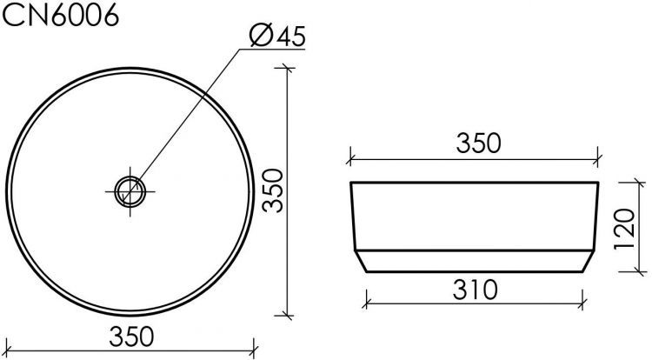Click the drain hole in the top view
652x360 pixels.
128,190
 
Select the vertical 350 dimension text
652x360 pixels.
273,191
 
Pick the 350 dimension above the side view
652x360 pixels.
476,143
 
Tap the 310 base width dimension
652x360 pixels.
476,287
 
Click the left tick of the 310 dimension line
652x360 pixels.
365,303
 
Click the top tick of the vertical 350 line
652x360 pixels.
288,67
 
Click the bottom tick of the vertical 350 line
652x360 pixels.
288,315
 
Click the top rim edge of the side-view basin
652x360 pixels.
476,183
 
